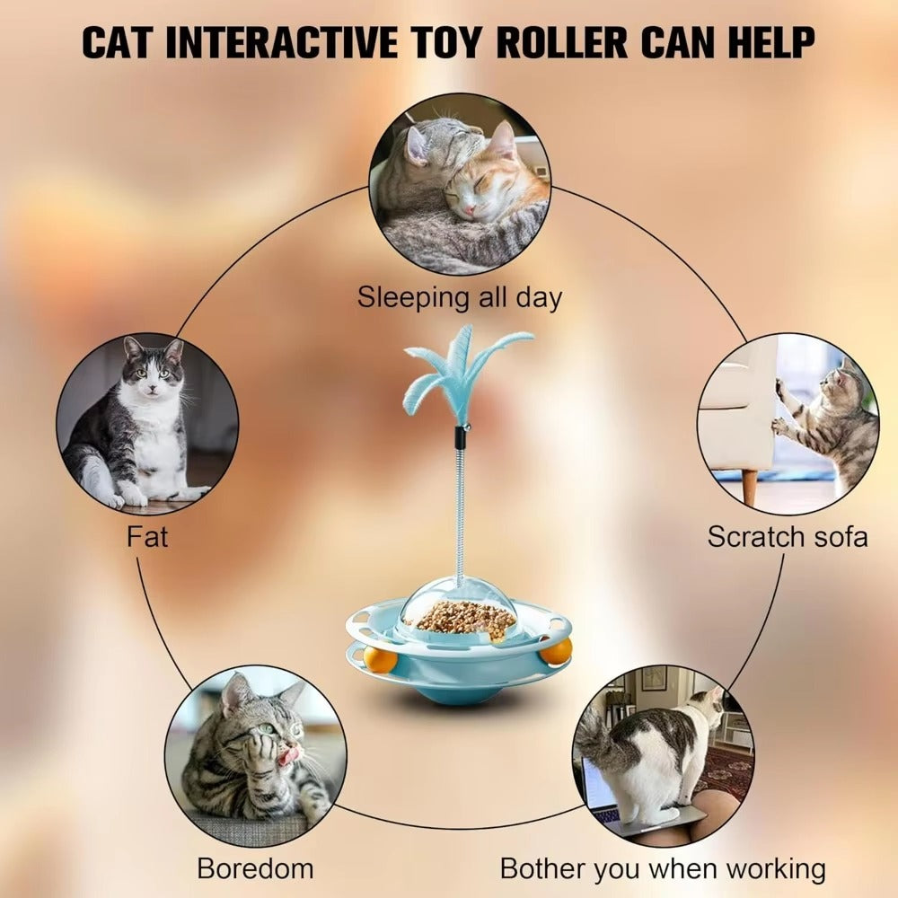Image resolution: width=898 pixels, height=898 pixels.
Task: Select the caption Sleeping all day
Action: coord(459,298)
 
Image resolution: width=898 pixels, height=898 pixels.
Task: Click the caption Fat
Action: coord(147,537)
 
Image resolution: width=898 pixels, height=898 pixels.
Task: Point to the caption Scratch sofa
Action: coord(788,537)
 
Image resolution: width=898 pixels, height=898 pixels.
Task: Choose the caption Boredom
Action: coord(255,868)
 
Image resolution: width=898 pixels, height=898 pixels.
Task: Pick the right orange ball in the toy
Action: coord(556,652)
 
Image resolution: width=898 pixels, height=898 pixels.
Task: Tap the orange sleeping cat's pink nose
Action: coord(470,209)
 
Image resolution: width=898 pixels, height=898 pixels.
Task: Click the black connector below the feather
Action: coord(459,438)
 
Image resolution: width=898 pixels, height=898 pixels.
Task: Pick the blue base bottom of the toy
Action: coord(458,694)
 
